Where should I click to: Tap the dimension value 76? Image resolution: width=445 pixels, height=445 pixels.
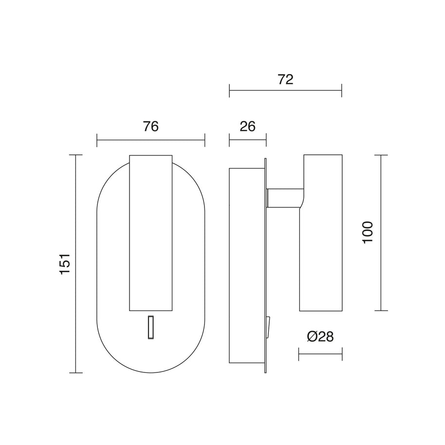(x=151, y=126)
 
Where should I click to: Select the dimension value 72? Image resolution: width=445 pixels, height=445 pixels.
(x=285, y=79)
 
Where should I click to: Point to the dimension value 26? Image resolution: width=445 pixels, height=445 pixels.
(x=247, y=126)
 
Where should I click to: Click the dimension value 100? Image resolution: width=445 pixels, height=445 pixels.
(x=368, y=232)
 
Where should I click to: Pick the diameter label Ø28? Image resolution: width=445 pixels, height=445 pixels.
(x=320, y=336)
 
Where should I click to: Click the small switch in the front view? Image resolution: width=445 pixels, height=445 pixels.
(x=151, y=327)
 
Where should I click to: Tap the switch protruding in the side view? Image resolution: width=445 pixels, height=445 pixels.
(x=268, y=327)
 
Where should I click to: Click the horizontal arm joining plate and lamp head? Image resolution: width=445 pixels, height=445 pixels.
(x=285, y=198)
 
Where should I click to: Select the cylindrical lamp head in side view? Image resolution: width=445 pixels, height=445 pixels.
(x=321, y=233)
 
